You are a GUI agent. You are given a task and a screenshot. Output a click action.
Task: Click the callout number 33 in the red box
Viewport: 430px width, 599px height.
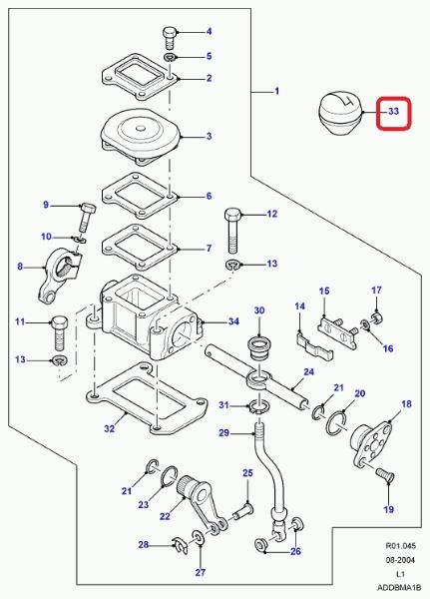(x=393, y=111)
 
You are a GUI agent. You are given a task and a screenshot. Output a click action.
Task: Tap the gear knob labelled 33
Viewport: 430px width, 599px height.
(x=340, y=114)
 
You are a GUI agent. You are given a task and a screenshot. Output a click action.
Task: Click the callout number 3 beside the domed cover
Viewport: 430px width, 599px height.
(x=209, y=136)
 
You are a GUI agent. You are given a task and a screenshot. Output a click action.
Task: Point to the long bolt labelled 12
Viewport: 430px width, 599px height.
(x=232, y=231)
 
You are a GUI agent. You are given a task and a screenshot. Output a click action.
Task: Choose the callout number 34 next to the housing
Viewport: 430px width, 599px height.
(x=233, y=321)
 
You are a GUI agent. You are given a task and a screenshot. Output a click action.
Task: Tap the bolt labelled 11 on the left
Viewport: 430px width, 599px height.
(x=59, y=333)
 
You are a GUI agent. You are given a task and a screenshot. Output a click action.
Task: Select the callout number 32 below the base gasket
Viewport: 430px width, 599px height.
(x=109, y=428)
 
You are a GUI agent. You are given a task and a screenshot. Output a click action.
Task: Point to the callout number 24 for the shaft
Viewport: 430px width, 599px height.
(x=308, y=371)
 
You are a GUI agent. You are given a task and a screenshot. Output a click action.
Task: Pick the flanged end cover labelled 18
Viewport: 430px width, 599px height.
(x=371, y=444)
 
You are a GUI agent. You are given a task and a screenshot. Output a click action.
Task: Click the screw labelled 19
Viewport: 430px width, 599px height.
(x=385, y=475)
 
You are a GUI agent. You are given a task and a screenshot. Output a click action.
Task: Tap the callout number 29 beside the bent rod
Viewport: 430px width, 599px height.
(x=223, y=433)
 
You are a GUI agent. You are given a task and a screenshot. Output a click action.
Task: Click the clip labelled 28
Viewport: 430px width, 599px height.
(x=180, y=545)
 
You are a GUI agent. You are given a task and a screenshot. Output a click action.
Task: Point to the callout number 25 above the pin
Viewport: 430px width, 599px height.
(x=247, y=473)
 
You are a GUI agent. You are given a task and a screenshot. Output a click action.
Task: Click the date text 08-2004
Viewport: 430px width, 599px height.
(x=400, y=560)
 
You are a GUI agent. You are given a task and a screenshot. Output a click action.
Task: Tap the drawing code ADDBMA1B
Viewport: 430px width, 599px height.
(x=399, y=587)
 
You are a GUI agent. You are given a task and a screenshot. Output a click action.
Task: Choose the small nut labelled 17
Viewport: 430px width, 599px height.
(x=377, y=317)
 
